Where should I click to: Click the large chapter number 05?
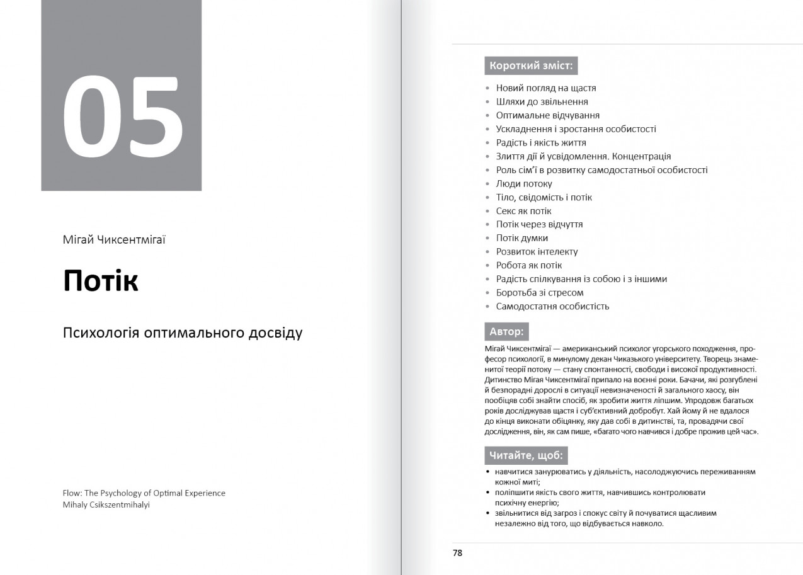click(123, 118)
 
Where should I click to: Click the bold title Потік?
click(101, 281)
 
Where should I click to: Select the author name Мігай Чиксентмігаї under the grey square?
click(114, 239)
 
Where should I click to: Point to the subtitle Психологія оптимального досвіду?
click(183, 332)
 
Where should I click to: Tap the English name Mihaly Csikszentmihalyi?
click(106, 504)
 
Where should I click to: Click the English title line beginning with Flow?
click(144, 493)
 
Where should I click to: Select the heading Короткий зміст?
click(531, 65)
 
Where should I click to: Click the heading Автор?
click(506, 331)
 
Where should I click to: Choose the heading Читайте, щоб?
click(526, 455)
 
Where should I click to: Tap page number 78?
click(457, 553)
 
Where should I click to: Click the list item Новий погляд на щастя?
click(546, 88)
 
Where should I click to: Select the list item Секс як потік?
click(523, 211)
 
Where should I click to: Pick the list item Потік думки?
click(522, 238)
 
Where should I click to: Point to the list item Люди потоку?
click(524, 184)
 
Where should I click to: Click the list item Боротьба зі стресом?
click(540, 293)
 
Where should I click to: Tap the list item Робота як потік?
click(529, 265)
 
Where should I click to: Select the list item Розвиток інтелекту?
click(537, 252)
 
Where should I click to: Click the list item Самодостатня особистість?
click(552, 307)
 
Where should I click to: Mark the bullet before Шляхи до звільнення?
click(488, 102)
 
